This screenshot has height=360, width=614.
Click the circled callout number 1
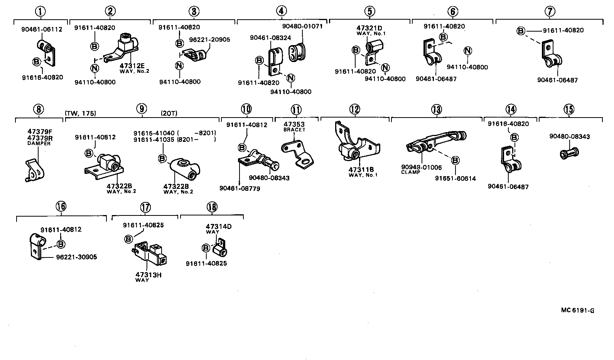(40, 12)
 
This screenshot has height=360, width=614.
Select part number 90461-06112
(41, 29)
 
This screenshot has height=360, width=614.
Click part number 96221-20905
(209, 39)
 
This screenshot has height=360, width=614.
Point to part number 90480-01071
(302, 26)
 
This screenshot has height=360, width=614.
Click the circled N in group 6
(467, 51)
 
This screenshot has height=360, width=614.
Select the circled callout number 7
(550, 12)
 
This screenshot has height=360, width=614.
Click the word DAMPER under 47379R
(39, 143)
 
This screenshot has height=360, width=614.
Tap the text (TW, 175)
(81, 113)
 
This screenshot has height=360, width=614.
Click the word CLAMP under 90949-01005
(411, 172)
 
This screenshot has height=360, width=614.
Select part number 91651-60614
(455, 178)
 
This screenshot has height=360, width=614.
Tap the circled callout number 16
(61, 207)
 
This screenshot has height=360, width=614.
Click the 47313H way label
(148, 275)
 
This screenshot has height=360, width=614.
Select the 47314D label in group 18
(219, 227)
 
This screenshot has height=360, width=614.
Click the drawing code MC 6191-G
(577, 310)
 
